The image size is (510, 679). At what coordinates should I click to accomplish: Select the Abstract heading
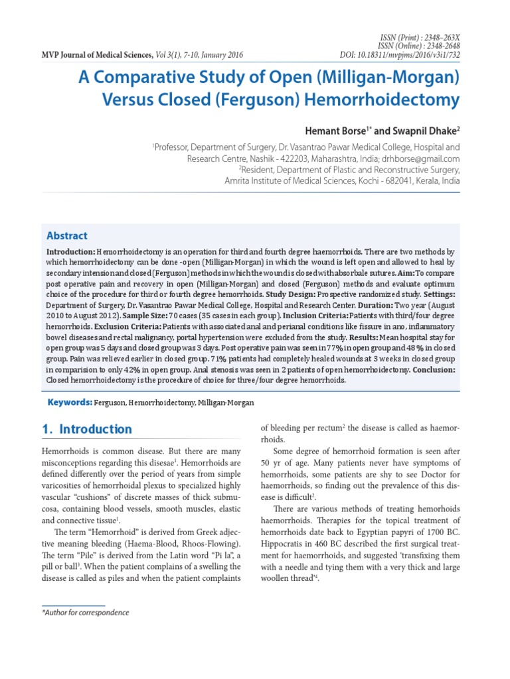(x=66, y=235)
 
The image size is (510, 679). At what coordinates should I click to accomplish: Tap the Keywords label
(x=68, y=402)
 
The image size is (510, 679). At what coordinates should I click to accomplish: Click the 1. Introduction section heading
(x=86, y=429)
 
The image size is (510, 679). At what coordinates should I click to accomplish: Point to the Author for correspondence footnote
(x=85, y=613)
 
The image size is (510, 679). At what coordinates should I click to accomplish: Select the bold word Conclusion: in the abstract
(x=434, y=369)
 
